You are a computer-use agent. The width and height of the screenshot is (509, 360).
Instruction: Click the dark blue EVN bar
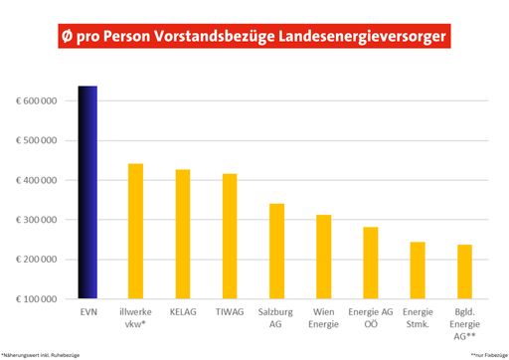(87, 192)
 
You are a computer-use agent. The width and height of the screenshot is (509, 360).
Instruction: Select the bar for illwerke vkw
(136, 231)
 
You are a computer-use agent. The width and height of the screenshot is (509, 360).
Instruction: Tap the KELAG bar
(183, 234)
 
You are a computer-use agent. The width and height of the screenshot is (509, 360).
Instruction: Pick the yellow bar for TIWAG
(230, 236)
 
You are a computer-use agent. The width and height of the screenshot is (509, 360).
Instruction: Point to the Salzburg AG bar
(276, 251)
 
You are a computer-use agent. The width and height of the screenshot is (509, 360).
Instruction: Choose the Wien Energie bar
(324, 257)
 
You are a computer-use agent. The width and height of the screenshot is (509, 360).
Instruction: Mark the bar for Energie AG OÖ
(371, 263)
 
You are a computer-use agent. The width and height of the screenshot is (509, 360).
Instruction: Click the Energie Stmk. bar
(418, 270)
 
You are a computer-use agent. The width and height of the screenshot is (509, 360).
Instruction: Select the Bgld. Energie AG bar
(464, 271)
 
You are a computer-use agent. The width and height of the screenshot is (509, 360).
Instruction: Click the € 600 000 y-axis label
(37, 101)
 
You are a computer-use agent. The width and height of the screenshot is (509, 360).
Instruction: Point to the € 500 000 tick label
(37, 140)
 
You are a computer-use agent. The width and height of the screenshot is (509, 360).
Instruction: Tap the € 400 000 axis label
(37, 180)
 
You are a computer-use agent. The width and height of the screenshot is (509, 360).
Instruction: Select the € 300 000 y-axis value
(37, 220)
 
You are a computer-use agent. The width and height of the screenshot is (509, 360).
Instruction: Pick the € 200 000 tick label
(37, 260)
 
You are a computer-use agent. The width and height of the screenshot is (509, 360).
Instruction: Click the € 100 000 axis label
(37, 298)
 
